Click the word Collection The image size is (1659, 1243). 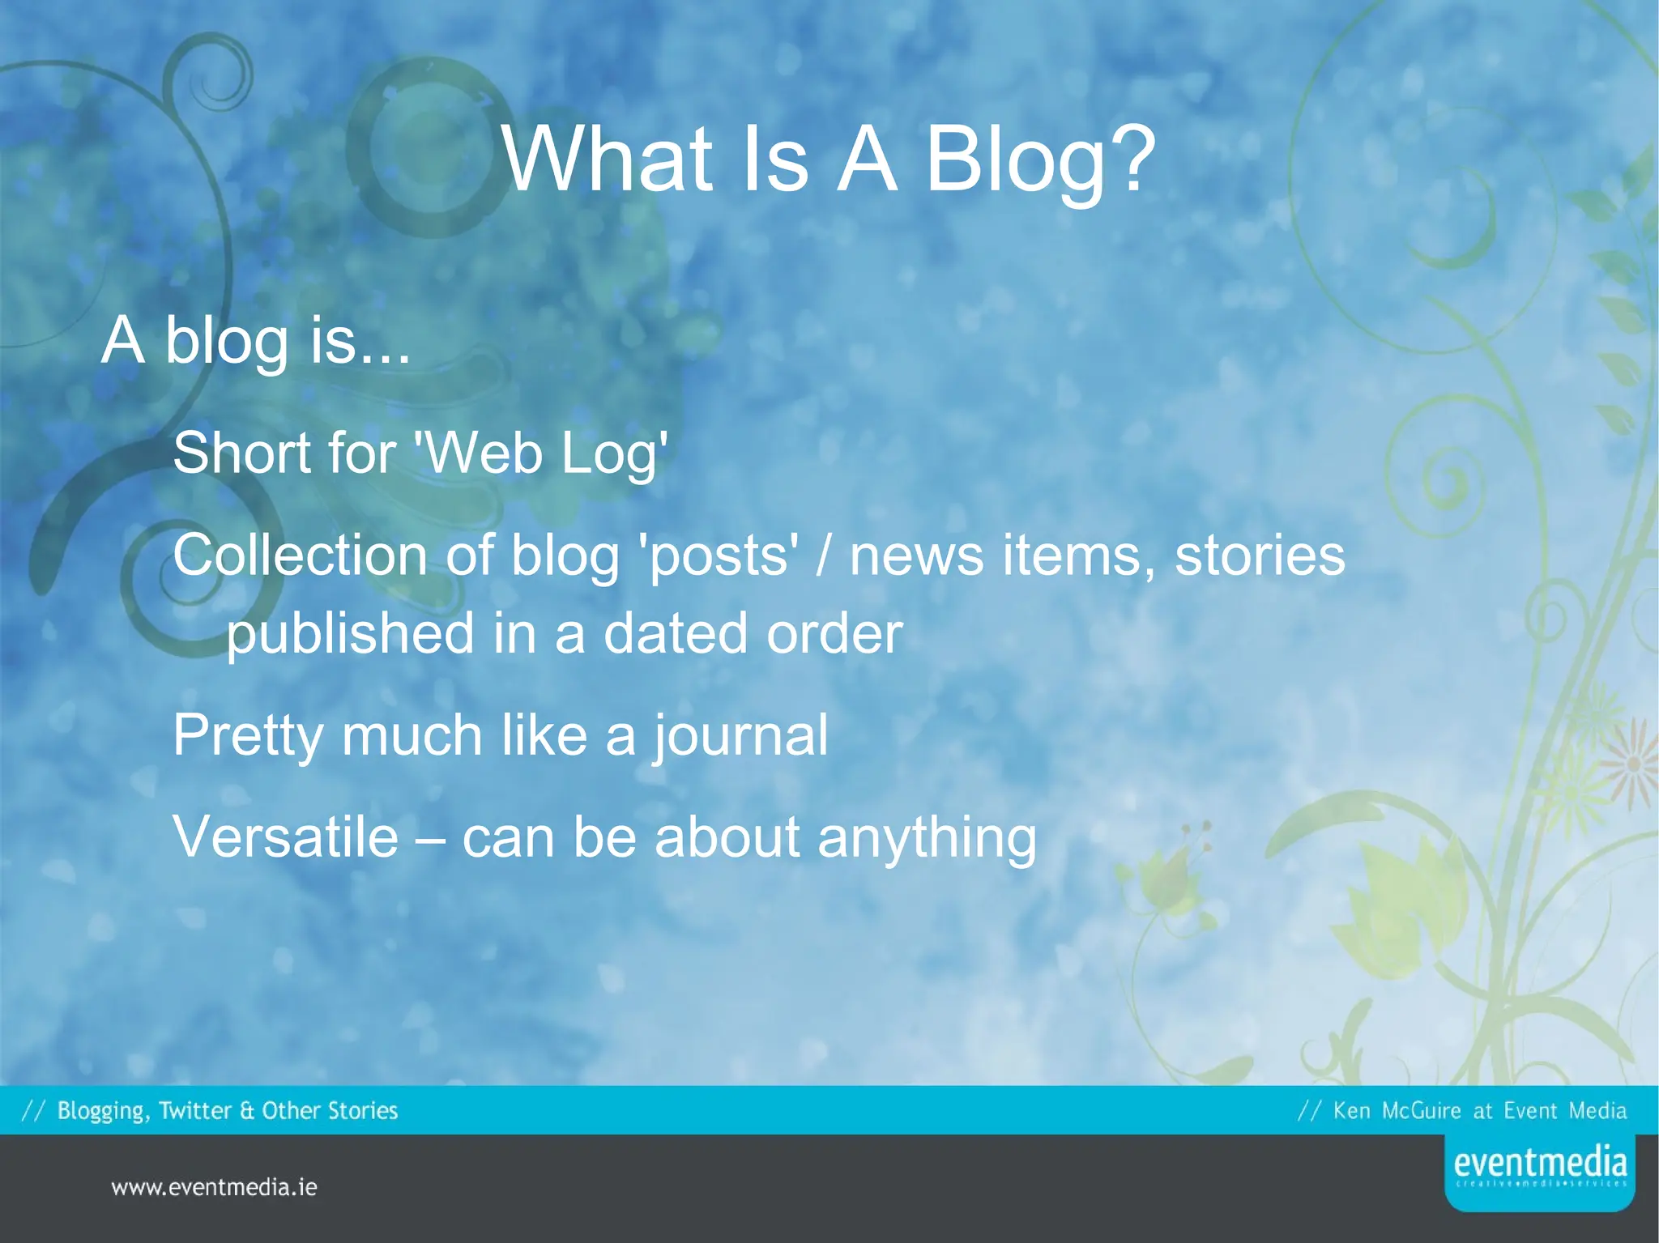(x=300, y=556)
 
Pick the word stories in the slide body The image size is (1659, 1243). (x=1260, y=556)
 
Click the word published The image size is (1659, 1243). (x=350, y=634)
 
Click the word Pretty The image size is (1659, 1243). (x=249, y=736)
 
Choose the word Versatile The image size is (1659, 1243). (x=286, y=837)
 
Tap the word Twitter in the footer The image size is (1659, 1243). (x=194, y=1110)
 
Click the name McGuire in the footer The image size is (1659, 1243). (x=1422, y=1110)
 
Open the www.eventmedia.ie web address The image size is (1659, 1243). (x=214, y=1188)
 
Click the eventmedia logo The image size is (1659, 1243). (x=1539, y=1170)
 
